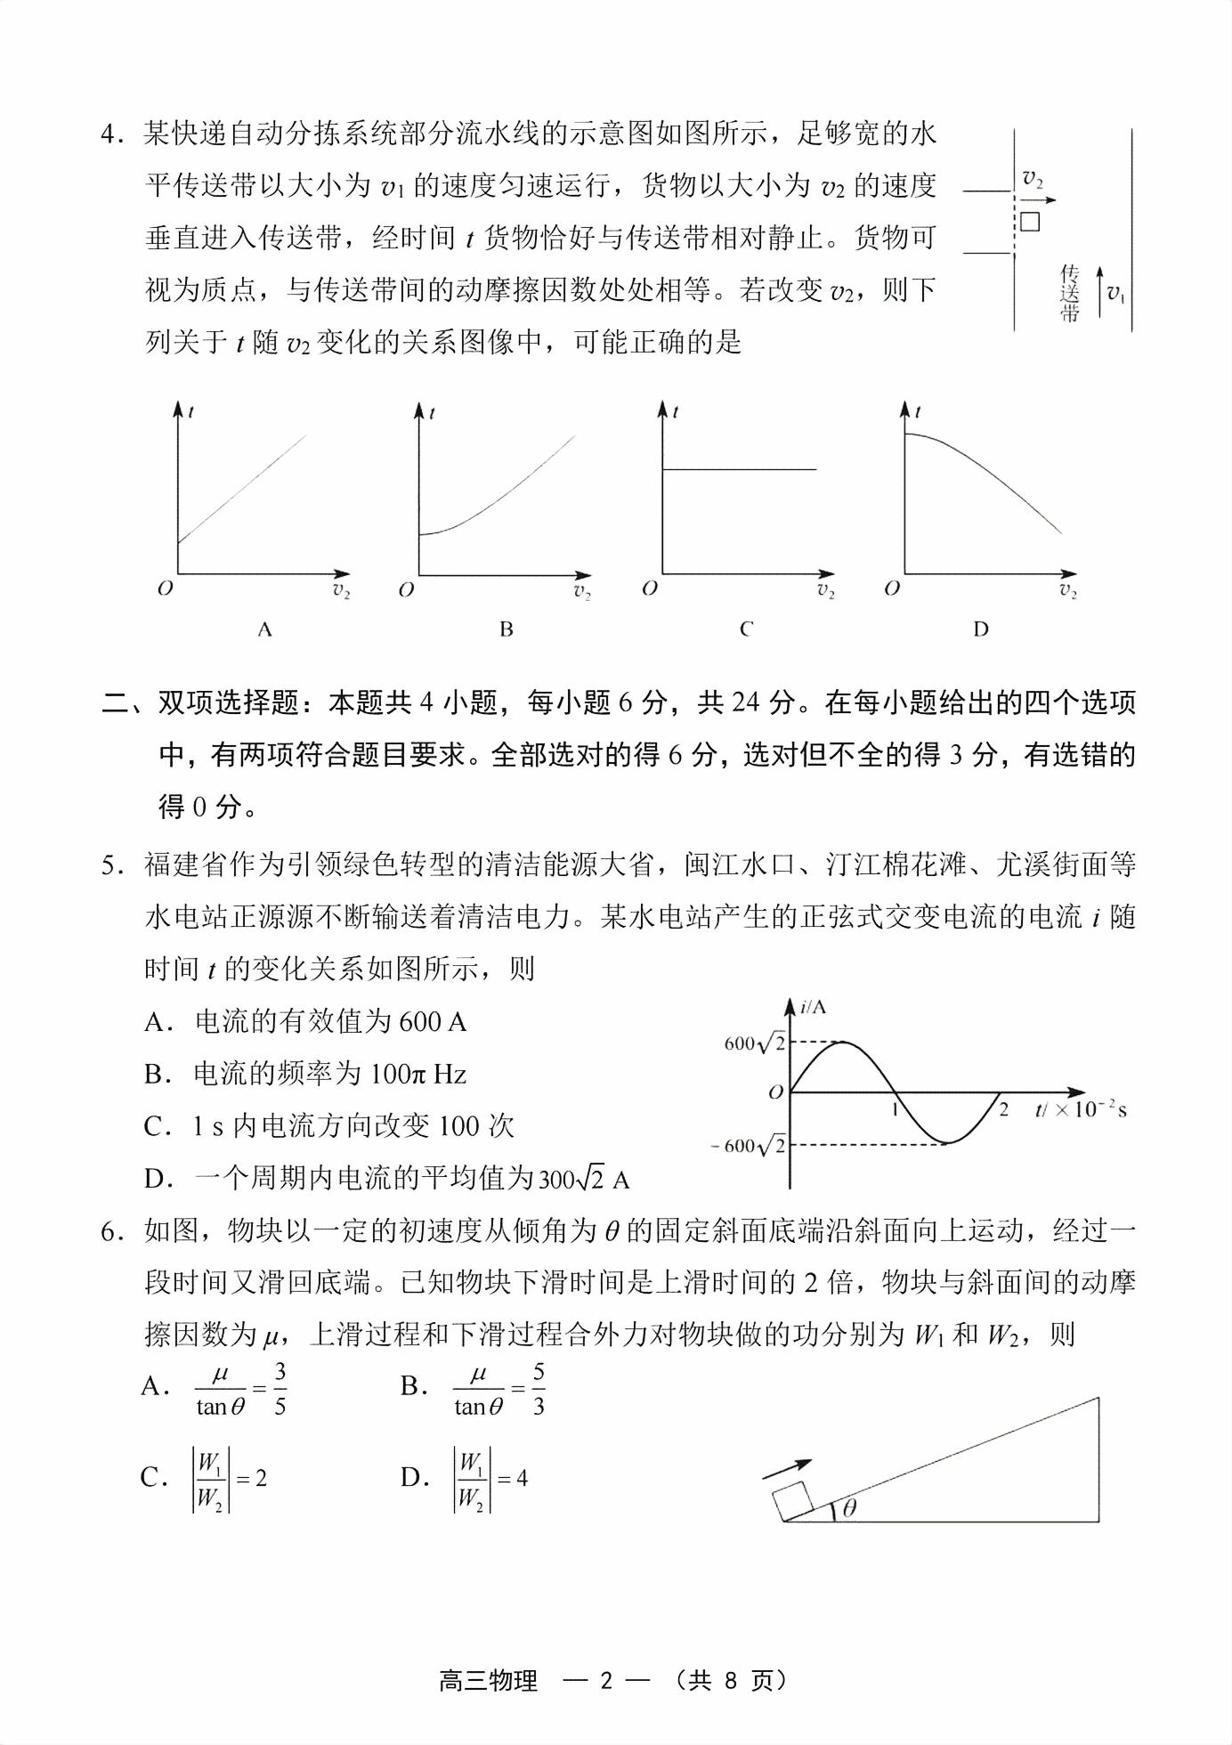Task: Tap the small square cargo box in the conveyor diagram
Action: click(x=1030, y=221)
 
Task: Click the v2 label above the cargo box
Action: click(x=1032, y=178)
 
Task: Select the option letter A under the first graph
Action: click(x=264, y=629)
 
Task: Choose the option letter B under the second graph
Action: click(x=507, y=629)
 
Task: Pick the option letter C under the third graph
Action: click(x=746, y=629)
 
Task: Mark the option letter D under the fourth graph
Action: click(x=980, y=629)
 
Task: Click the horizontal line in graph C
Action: click(x=739, y=469)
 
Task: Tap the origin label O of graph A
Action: click(x=165, y=588)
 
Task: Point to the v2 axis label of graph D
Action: click(x=1067, y=589)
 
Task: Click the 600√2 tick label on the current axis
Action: click(x=755, y=1043)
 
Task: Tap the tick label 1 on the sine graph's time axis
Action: click(x=894, y=1109)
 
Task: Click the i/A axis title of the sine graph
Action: click(x=813, y=1007)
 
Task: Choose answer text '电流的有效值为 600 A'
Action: click(x=330, y=1022)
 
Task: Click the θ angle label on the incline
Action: click(x=849, y=1507)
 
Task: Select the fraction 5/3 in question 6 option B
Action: click(x=539, y=1390)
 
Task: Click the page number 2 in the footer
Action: click(x=607, y=1680)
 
